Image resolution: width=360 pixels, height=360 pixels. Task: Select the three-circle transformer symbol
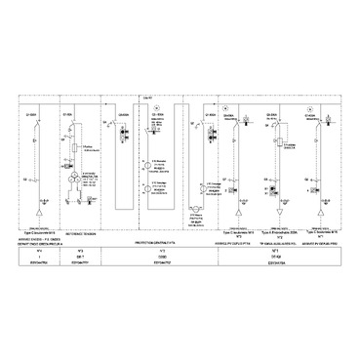coord(76,181)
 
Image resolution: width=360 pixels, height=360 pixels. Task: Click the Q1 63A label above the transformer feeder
coord(67,115)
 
